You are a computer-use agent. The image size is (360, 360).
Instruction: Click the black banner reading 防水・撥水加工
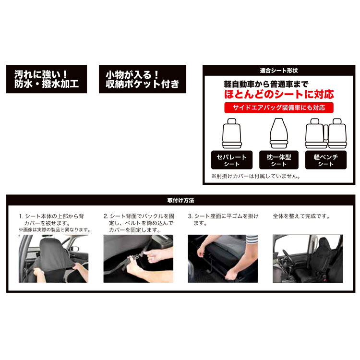tap(47, 79)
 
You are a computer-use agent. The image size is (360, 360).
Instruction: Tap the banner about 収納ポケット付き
tap(143, 79)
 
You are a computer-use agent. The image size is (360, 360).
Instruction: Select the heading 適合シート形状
tap(279, 71)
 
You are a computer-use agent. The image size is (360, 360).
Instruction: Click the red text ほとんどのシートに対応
tap(279, 95)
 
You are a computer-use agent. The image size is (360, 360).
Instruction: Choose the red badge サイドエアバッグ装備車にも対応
tap(279, 108)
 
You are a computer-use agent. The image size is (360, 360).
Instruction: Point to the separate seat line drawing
tap(232, 133)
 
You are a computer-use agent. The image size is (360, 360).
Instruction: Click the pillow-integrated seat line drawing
tap(279, 133)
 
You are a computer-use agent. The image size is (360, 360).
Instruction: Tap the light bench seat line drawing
tap(326, 133)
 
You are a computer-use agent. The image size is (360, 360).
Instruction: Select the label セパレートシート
tap(232, 160)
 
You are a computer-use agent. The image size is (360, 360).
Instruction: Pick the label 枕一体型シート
tap(279, 160)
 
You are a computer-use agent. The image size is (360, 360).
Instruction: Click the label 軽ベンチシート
tap(326, 160)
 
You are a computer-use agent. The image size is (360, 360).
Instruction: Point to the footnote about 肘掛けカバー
tap(255, 176)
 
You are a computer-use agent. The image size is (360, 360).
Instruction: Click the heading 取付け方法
tap(180, 200)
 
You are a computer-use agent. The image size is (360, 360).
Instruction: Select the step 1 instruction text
tap(55, 223)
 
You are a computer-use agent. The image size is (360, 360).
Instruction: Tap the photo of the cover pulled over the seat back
tap(53, 259)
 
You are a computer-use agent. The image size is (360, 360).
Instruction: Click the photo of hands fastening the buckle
tap(138, 259)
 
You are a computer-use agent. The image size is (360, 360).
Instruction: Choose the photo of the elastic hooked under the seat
tap(223, 259)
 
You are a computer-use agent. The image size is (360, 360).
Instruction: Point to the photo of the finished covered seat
tap(308, 259)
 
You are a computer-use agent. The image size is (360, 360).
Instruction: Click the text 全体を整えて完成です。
tap(301, 216)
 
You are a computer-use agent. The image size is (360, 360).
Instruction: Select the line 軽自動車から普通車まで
tap(266, 84)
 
